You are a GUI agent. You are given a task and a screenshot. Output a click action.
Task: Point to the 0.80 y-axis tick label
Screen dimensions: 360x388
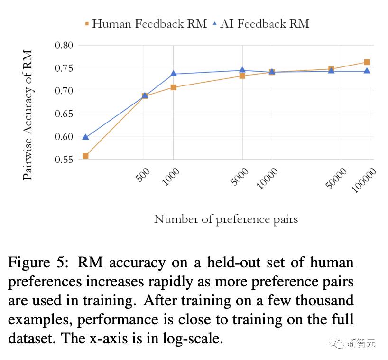click(x=64, y=46)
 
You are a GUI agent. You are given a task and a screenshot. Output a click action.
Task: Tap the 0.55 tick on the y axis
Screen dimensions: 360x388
click(x=64, y=160)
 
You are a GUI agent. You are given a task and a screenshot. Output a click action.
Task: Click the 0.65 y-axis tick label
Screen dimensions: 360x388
click(x=64, y=114)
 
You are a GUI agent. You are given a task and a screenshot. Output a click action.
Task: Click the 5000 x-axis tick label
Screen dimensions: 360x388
click(x=240, y=178)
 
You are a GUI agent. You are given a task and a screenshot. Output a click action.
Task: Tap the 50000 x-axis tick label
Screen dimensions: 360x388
click(x=337, y=179)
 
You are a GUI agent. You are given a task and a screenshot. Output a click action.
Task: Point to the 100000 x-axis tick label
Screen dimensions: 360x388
click(x=364, y=180)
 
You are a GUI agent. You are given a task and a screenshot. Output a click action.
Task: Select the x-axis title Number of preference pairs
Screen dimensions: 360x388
click(x=226, y=219)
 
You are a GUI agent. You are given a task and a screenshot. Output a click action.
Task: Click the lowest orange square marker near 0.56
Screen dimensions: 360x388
click(x=86, y=156)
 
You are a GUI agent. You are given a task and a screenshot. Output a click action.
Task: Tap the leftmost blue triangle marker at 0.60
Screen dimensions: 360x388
click(x=86, y=137)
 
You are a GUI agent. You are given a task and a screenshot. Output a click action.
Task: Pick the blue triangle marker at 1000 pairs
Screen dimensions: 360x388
click(x=173, y=74)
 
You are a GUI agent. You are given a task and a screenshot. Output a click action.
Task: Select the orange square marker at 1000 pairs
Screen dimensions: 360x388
click(x=173, y=87)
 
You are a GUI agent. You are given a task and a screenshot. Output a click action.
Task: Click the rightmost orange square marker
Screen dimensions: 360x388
click(x=367, y=62)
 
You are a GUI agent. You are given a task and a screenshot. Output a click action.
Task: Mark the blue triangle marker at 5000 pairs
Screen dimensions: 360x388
click(x=242, y=70)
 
